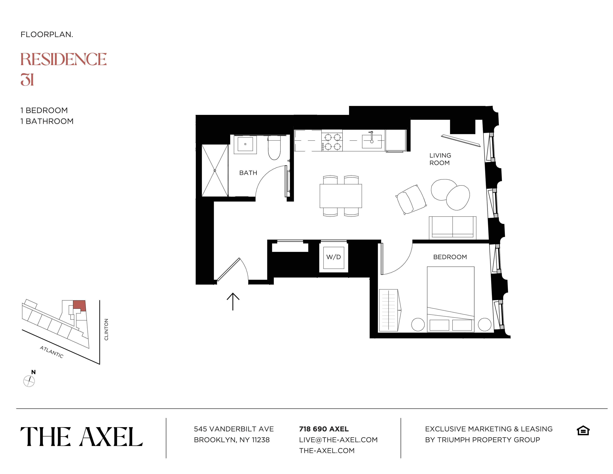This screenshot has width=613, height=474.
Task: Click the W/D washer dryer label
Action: coord(333,257)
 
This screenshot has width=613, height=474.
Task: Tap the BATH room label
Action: coord(248,173)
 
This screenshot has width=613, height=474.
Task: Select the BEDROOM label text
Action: coord(450,257)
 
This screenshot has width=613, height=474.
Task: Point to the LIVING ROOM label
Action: coord(440,159)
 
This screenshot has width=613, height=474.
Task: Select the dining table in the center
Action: coord(340,196)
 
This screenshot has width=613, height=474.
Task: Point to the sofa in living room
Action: coord(453,228)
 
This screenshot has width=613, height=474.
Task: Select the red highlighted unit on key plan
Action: coord(79,305)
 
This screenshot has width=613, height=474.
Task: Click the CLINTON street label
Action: coord(106,329)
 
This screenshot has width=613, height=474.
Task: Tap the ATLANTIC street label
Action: coord(52,352)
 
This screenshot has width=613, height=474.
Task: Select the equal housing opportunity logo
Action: coord(583,431)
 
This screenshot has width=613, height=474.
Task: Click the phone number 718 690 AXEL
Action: coord(324,429)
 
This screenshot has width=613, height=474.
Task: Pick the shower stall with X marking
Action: coord(215,170)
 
